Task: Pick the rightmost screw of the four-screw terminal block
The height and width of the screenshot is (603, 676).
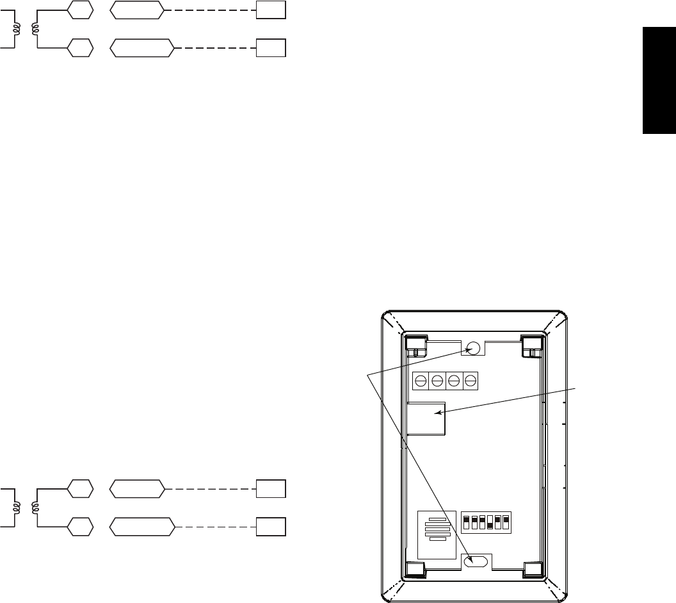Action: pos(470,381)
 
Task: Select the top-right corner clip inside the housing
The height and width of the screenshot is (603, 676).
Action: pos(531,344)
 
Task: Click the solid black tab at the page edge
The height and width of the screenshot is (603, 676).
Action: pos(659,80)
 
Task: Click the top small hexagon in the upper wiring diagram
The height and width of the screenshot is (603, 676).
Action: pos(80,10)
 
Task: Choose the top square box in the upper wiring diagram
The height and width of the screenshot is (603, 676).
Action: pos(270,10)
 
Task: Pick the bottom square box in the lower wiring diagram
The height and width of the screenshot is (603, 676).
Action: pos(270,527)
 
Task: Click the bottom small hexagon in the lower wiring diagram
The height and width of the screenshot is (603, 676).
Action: pos(80,527)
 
